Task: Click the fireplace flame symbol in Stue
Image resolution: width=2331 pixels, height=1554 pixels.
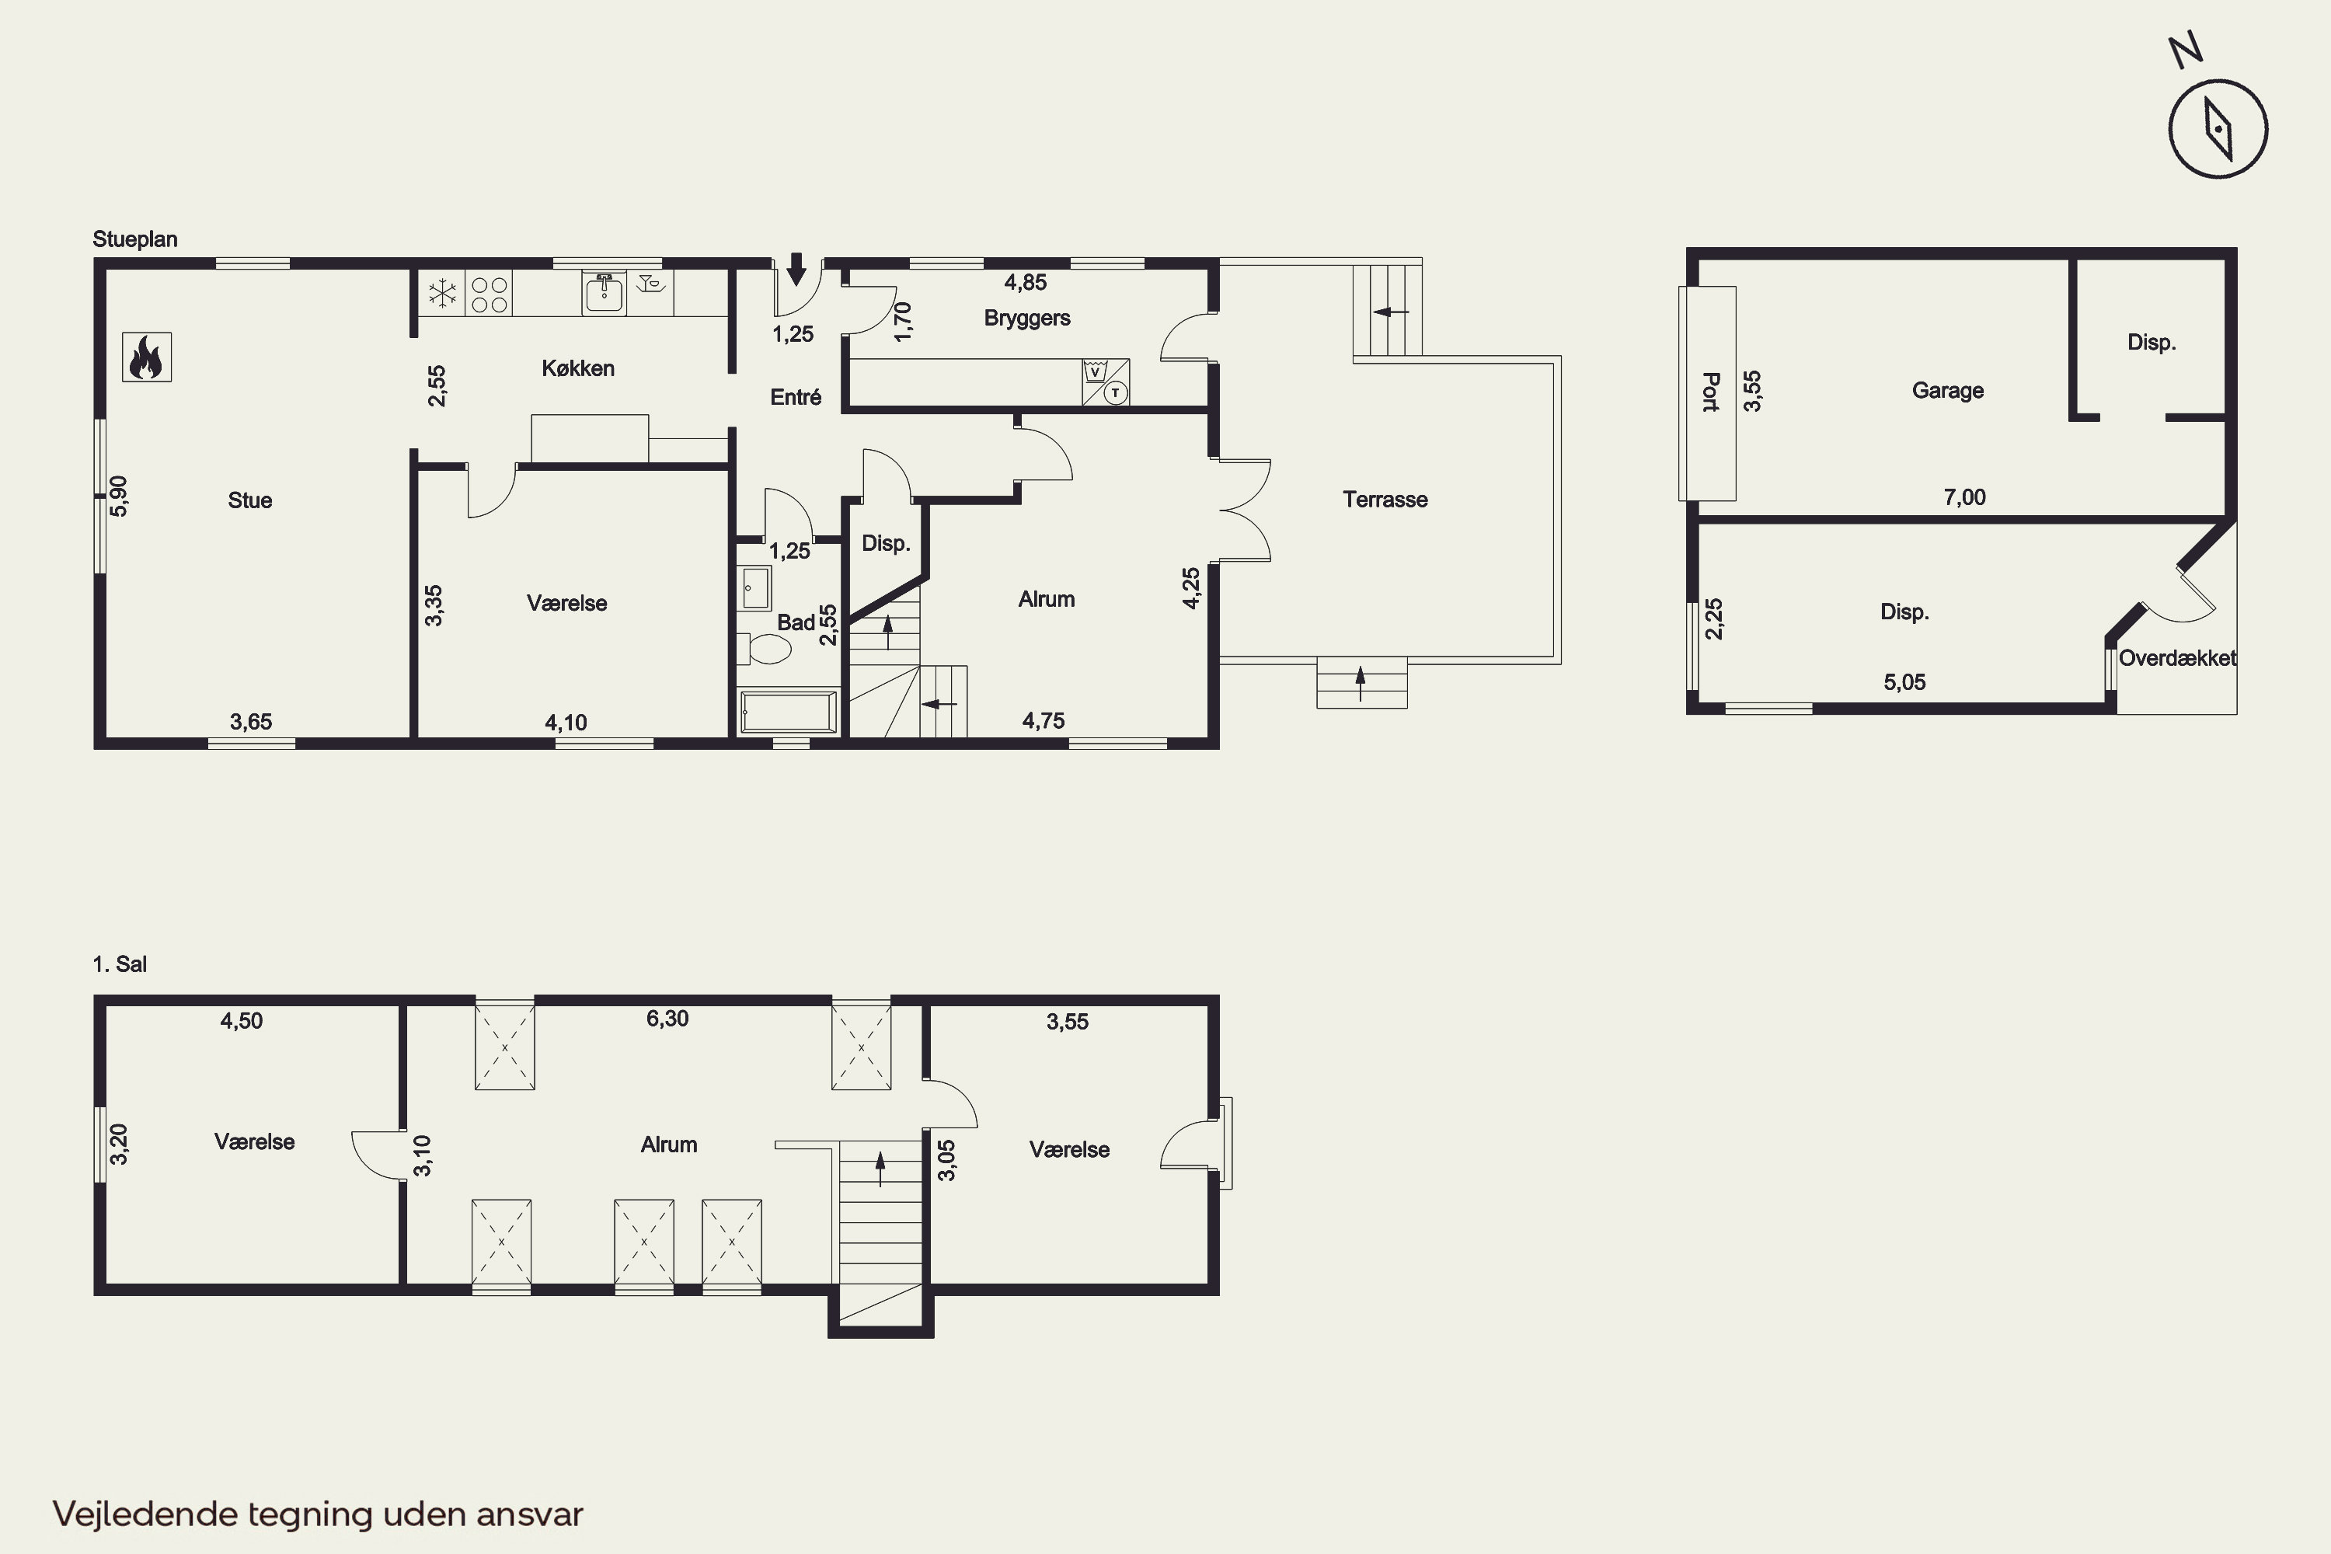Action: click(x=147, y=357)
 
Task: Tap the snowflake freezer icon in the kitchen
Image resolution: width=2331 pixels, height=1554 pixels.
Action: click(x=442, y=294)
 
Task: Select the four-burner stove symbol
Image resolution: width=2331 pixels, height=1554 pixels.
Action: click(x=490, y=294)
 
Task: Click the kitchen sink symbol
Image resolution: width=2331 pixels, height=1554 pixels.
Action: click(x=604, y=292)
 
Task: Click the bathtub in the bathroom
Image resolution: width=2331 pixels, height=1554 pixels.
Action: click(x=789, y=713)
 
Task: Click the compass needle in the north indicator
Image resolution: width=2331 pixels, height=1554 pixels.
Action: click(x=2218, y=129)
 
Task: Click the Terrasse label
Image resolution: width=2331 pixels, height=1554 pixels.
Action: click(x=1385, y=500)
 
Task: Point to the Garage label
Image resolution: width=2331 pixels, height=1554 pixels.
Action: click(x=1947, y=392)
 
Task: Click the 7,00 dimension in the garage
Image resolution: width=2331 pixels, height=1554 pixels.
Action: click(x=1964, y=497)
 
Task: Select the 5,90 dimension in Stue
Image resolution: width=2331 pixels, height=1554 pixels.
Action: click(x=119, y=496)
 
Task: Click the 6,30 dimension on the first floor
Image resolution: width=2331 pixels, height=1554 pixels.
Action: click(x=667, y=1019)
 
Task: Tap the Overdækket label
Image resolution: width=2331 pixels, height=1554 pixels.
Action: click(x=2177, y=658)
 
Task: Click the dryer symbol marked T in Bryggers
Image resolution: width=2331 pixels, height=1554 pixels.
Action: click(x=1116, y=393)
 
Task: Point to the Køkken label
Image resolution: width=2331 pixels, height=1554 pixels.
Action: click(x=578, y=368)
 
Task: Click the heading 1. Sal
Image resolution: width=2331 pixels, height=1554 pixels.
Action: click(x=120, y=964)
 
